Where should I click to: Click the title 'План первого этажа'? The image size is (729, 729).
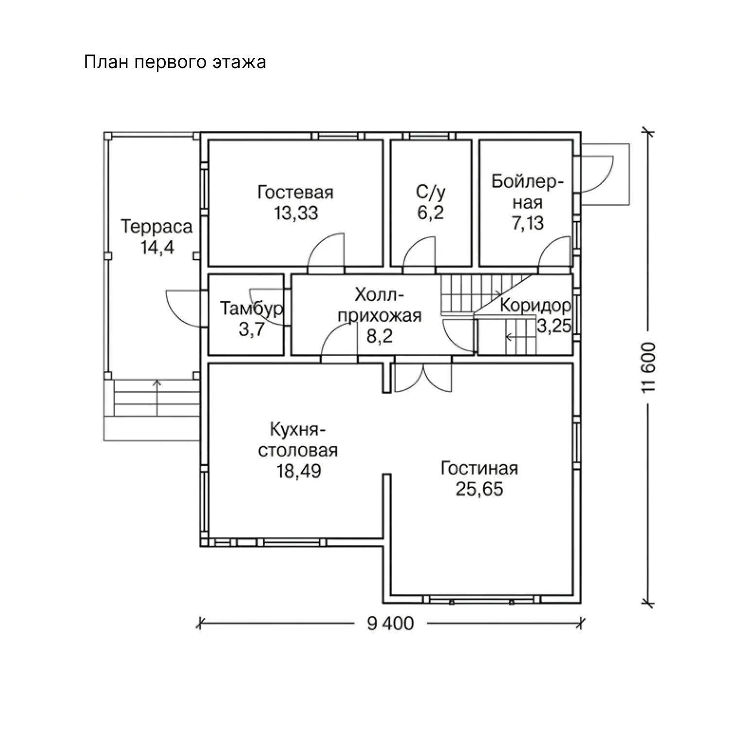pyautogui.click(x=175, y=63)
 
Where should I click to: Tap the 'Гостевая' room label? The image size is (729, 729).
pyautogui.click(x=295, y=192)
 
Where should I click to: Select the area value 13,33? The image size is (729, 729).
pyautogui.click(x=296, y=213)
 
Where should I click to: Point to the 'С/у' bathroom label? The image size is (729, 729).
pyautogui.click(x=431, y=192)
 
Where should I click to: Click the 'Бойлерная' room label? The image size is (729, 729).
pyautogui.click(x=527, y=192)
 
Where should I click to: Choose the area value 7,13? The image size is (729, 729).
pyautogui.click(x=528, y=223)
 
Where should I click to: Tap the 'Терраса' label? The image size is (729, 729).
pyautogui.click(x=156, y=226)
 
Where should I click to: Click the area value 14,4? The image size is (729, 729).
pyautogui.click(x=157, y=247)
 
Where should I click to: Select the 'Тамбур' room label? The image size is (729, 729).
pyautogui.click(x=252, y=309)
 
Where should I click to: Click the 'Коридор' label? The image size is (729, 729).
pyautogui.click(x=535, y=306)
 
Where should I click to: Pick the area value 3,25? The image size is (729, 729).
pyautogui.click(x=554, y=326)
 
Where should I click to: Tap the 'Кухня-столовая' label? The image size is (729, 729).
pyautogui.click(x=297, y=440)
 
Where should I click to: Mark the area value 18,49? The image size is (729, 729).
pyautogui.click(x=299, y=471)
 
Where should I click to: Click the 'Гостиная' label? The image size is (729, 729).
pyautogui.click(x=479, y=469)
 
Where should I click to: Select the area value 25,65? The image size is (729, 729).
pyautogui.click(x=479, y=489)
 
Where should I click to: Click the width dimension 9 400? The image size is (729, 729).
pyautogui.click(x=390, y=623)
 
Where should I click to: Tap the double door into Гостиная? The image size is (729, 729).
pyautogui.click(x=423, y=377)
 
